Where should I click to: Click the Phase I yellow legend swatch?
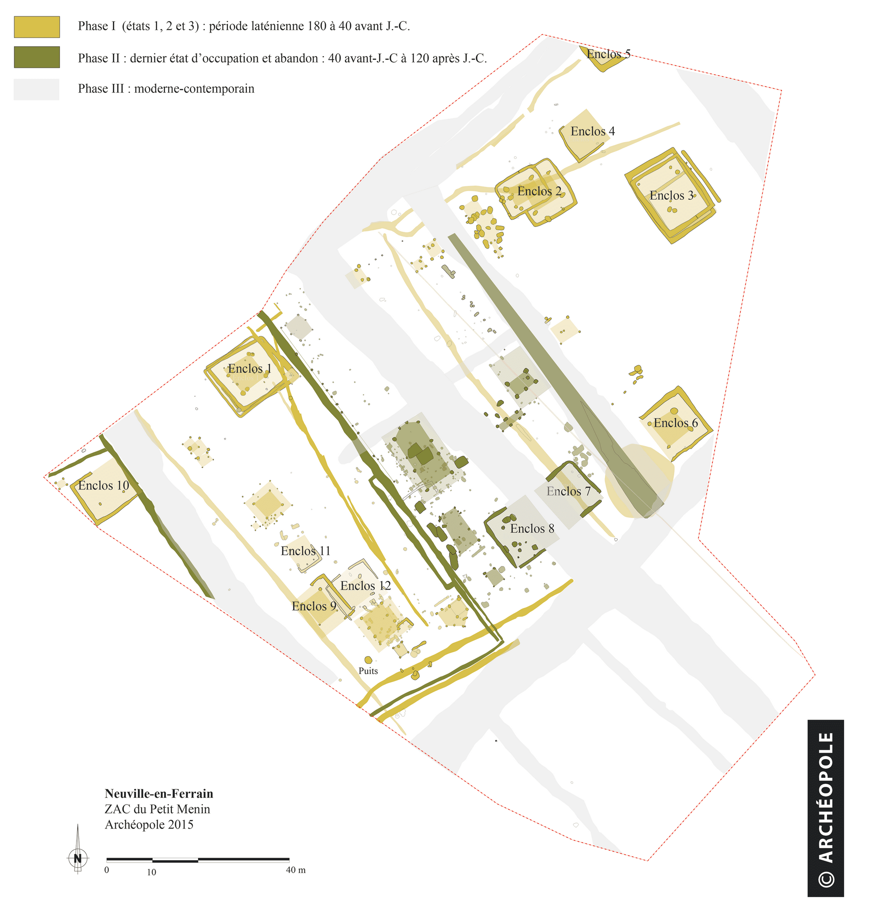pyautogui.click(x=37, y=27)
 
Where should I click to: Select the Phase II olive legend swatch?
pyautogui.click(x=37, y=57)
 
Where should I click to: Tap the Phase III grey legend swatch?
pyautogui.click(x=37, y=89)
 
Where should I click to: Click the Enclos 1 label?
pyautogui.click(x=250, y=369)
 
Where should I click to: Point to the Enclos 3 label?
pyautogui.click(x=671, y=195)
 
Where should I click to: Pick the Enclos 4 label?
pyautogui.click(x=592, y=131)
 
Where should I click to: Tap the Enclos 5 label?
pyautogui.click(x=608, y=54)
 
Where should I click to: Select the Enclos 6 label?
pyautogui.click(x=675, y=422)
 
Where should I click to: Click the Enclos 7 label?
pyautogui.click(x=568, y=491)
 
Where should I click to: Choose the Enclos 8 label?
pyautogui.click(x=532, y=528)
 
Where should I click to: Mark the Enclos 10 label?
pyautogui.click(x=103, y=485)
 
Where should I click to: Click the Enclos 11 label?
pyautogui.click(x=305, y=551)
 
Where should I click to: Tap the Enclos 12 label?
pyautogui.click(x=365, y=585)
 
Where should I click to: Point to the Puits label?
pyautogui.click(x=368, y=671)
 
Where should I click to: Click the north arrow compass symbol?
pyautogui.click(x=78, y=858)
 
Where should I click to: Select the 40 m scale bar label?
pyautogui.click(x=295, y=870)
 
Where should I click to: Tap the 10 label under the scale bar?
pyautogui.click(x=152, y=872)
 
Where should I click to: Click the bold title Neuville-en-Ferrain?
pyautogui.click(x=159, y=794)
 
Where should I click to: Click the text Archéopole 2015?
pyautogui.click(x=149, y=824)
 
